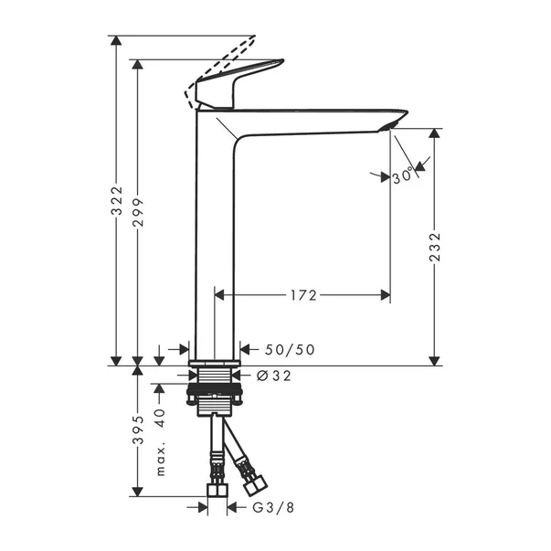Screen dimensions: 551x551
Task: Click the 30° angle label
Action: coord(403,178)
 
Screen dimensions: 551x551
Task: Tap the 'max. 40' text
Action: coord(159,443)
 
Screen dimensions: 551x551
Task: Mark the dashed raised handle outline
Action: coord(224,64)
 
